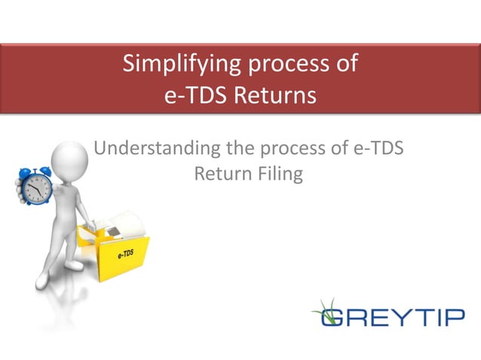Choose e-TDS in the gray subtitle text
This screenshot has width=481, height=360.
pyautogui.click(x=378, y=148)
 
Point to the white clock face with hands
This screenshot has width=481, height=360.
pyautogui.click(x=35, y=186)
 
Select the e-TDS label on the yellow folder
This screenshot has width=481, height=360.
pyautogui.click(x=125, y=255)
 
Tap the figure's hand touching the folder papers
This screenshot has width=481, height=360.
pyautogui.click(x=92, y=224)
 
